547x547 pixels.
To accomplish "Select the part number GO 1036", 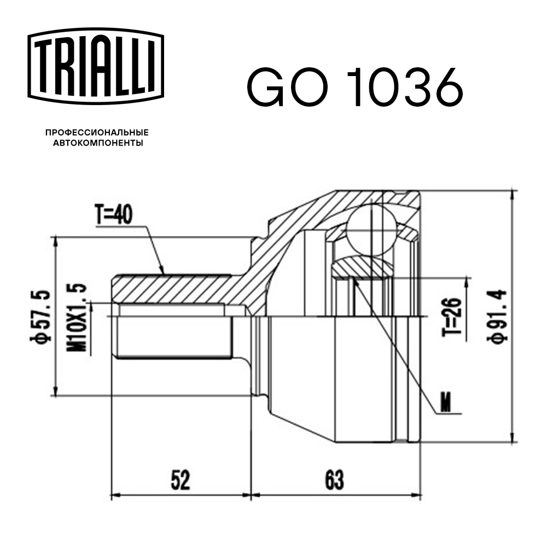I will [354, 88].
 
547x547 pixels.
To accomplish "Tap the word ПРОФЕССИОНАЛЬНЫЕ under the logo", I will [97, 133].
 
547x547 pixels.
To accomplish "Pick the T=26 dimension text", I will [453, 317].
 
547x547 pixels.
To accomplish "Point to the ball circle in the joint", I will [371, 229].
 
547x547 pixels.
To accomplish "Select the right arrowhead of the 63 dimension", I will [416, 497].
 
